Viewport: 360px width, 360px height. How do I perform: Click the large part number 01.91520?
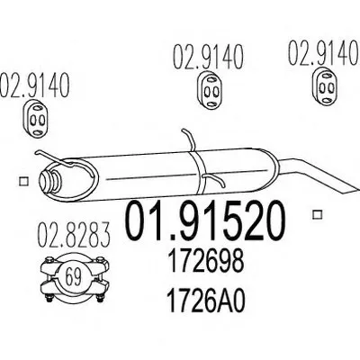pyautogui.click(x=204, y=221)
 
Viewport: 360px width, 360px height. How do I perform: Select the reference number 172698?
pyautogui.click(x=205, y=262)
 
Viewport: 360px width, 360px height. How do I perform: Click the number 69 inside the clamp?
pyautogui.click(x=73, y=278)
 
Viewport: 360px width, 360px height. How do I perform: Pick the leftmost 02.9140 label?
pyautogui.click(x=34, y=85)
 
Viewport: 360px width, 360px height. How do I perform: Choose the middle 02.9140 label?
pyautogui.click(x=208, y=57)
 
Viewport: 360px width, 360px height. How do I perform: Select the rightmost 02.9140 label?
pyautogui.click(x=324, y=53)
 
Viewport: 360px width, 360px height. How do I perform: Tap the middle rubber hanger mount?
pyautogui.click(x=210, y=90)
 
